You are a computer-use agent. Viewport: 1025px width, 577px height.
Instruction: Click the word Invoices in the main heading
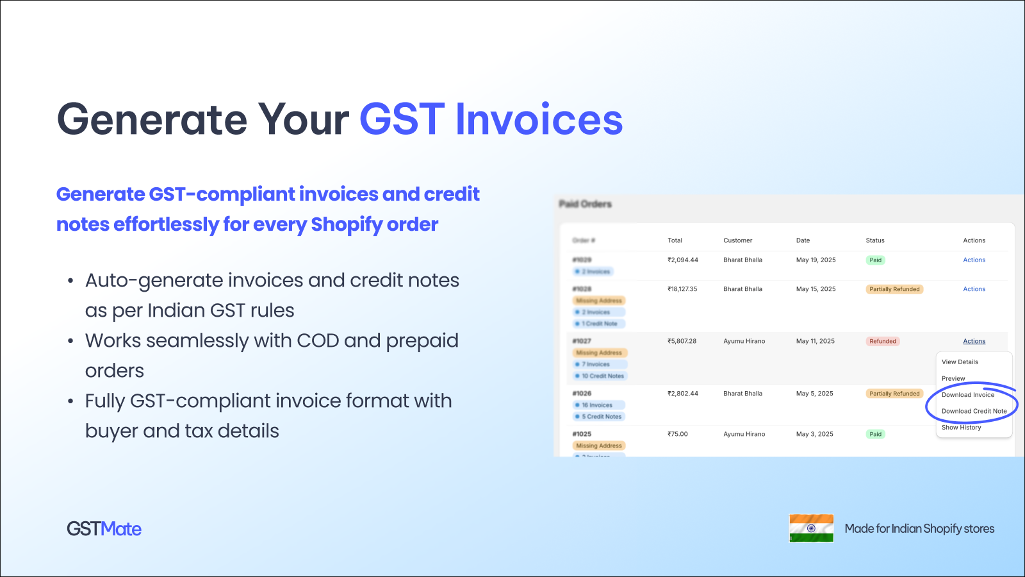click(x=538, y=119)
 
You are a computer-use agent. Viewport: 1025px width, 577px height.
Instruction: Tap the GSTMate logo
click(x=104, y=529)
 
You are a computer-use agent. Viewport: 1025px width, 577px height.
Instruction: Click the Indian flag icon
click(x=811, y=528)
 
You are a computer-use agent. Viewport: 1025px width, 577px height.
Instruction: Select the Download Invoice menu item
click(x=967, y=395)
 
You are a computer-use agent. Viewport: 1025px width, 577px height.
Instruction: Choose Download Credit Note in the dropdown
click(x=974, y=411)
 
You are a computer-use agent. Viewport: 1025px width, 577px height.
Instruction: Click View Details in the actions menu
click(x=960, y=362)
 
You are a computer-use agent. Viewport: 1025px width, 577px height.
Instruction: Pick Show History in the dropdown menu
click(x=961, y=428)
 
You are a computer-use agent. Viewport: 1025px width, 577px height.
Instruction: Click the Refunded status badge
click(x=882, y=341)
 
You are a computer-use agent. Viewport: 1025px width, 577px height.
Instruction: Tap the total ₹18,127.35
click(x=682, y=289)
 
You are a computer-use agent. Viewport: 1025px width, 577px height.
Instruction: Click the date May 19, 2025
click(x=816, y=260)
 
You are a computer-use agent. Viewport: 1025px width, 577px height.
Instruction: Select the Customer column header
click(x=737, y=240)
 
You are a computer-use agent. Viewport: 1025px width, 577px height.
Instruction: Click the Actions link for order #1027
click(x=974, y=341)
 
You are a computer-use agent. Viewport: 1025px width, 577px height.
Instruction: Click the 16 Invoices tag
click(x=598, y=405)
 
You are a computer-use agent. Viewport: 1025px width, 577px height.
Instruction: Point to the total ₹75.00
click(x=677, y=434)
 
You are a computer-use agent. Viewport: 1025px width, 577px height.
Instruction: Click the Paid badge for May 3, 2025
click(x=875, y=434)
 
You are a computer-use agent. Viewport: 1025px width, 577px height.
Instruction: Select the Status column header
click(x=874, y=240)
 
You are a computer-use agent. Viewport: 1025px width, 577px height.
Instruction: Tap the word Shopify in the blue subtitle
click(x=347, y=224)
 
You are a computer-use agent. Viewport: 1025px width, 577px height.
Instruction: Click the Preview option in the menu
click(x=953, y=378)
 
